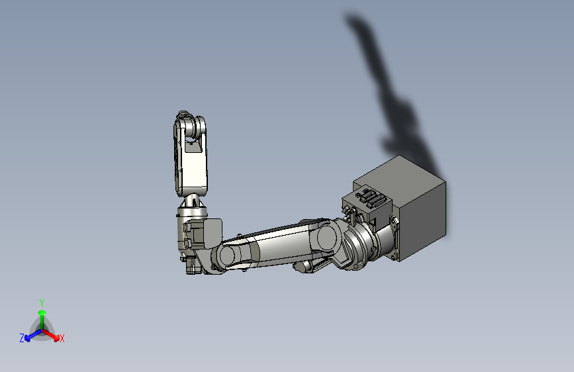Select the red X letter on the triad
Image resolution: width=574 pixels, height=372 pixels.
click(x=62, y=339)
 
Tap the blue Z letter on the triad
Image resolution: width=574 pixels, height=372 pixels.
click(x=22, y=338)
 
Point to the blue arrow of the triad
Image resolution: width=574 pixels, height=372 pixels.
click(x=30, y=334)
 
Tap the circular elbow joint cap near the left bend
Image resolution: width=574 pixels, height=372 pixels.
click(x=229, y=255)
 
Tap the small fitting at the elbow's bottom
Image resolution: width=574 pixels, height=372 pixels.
click(x=193, y=266)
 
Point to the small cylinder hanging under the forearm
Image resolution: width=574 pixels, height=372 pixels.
click(x=303, y=267)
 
